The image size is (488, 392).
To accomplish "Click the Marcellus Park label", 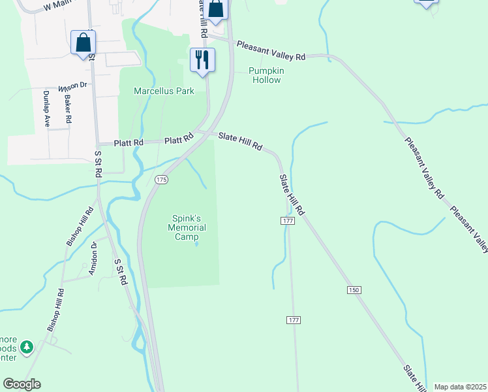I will tap(164, 91).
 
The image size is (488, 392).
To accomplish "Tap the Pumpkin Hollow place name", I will tap(265, 75).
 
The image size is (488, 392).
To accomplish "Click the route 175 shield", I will tap(161, 179).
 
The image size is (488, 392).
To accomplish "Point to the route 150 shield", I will tap(354, 289).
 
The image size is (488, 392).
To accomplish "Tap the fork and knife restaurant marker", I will tap(202, 60).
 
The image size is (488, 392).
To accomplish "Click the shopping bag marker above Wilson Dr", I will tap(83, 43).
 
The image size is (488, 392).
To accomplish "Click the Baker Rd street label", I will tap(68, 110).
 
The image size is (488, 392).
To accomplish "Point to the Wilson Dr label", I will tap(72, 86).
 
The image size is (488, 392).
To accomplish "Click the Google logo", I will tap(22, 384).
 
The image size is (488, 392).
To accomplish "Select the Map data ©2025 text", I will tap(460, 387).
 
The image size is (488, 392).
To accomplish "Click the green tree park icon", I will tap(27, 347).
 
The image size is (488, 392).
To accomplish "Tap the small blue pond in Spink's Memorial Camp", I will tap(196, 245).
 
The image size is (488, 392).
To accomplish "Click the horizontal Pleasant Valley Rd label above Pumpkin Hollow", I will tap(271, 51).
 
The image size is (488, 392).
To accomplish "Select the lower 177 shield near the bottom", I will tap(293, 319).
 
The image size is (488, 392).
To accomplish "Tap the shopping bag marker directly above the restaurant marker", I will tap(216, 9).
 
